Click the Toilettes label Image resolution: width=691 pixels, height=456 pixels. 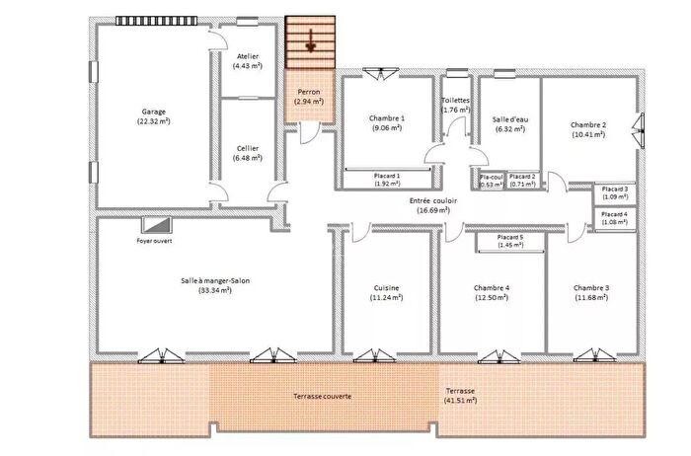455,101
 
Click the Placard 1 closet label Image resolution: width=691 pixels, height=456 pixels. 387,179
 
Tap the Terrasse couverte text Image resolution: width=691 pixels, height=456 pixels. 322,396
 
